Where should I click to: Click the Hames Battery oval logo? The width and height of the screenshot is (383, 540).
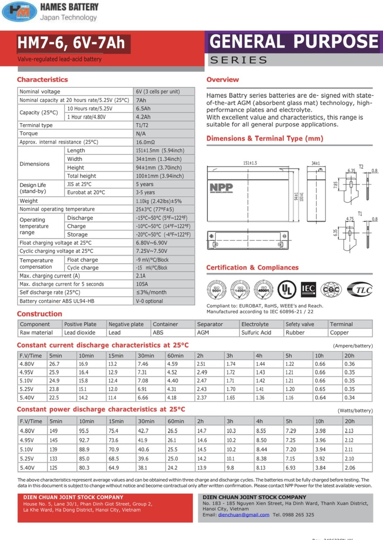pyautogui.click(x=19, y=11)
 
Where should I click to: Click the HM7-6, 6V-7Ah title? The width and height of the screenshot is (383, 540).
pyautogui.click(x=71, y=43)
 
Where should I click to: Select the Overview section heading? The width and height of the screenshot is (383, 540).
pyautogui.click(x=222, y=80)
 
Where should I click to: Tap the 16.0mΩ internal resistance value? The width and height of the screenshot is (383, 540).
pyautogui.click(x=145, y=142)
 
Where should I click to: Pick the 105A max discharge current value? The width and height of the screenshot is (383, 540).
pyautogui.click(x=142, y=284)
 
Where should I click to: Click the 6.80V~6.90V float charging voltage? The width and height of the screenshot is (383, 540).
pyautogui.click(x=151, y=243)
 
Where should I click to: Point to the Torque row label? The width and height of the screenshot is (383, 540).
pyautogui.click(x=29, y=134)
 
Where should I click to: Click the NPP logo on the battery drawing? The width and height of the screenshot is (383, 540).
pyautogui.click(x=222, y=187)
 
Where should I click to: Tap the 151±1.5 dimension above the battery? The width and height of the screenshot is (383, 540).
pyautogui.click(x=250, y=163)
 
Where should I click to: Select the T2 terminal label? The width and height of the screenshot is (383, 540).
pyautogui.click(x=361, y=167)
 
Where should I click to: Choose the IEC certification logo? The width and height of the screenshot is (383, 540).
pyautogui.click(x=308, y=289)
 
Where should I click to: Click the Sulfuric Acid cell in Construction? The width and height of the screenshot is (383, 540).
pyautogui.click(x=256, y=332)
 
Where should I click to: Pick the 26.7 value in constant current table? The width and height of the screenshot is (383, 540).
pyautogui.click(x=54, y=364)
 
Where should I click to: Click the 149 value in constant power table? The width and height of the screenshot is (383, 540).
pyautogui.click(x=53, y=431)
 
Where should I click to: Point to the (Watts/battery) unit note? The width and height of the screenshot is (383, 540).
pyautogui.click(x=355, y=410)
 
